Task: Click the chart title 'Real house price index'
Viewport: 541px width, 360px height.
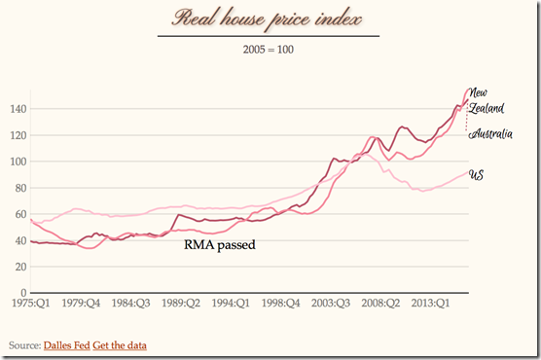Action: [268, 18]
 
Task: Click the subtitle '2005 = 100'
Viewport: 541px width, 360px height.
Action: [269, 48]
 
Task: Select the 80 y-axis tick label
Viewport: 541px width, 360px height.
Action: [19, 188]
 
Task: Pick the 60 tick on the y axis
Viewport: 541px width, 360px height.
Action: [19, 214]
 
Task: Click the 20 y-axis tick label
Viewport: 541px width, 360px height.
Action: [19, 267]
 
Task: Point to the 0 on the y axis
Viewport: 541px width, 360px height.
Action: [22, 293]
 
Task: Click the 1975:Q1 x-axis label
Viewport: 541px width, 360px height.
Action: [31, 303]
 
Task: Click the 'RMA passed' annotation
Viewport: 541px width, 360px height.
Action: [219, 246]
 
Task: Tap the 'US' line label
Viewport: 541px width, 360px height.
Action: [477, 175]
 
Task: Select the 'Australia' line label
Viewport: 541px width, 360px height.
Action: [490, 134]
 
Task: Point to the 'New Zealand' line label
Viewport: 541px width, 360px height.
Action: [485, 101]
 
